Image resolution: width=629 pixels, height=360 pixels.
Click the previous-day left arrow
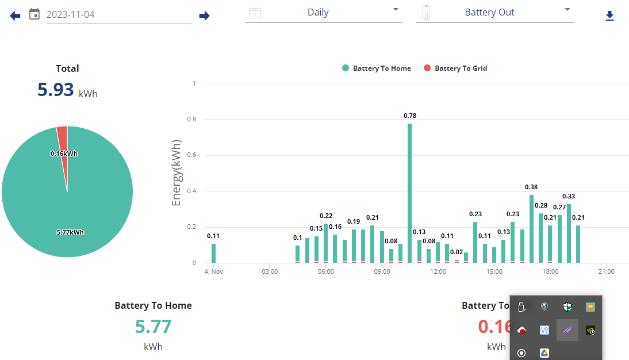tap(15, 16)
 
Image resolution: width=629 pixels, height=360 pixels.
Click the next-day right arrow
tap(204, 16)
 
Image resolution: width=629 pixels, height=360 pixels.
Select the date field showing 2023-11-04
tap(119, 14)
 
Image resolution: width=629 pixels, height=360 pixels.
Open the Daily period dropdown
tap(323, 13)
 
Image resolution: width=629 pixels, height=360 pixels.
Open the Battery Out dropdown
tap(495, 13)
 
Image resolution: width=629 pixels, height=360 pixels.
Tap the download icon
tap(609, 16)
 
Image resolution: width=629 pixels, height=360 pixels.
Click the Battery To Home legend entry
tap(376, 68)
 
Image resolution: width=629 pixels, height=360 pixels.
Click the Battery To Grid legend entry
tap(455, 68)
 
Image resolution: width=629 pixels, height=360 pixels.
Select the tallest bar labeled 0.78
tap(409, 193)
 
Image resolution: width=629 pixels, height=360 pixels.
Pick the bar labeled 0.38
tap(531, 229)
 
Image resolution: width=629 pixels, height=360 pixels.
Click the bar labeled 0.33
tap(569, 233)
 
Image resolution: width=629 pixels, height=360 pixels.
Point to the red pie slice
tap(63, 144)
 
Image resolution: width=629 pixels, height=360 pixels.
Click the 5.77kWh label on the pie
tap(70, 232)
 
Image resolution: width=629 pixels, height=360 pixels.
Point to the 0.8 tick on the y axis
tap(192, 119)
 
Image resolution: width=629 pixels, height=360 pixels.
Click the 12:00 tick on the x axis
tap(438, 271)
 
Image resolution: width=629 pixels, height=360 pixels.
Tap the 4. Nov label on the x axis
tap(214, 271)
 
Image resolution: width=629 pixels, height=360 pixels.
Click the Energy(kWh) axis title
tap(176, 173)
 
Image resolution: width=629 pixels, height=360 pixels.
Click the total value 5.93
tap(56, 90)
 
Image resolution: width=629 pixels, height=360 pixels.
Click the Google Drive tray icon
tap(544, 353)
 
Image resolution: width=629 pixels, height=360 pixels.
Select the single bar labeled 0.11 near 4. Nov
tap(213, 253)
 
